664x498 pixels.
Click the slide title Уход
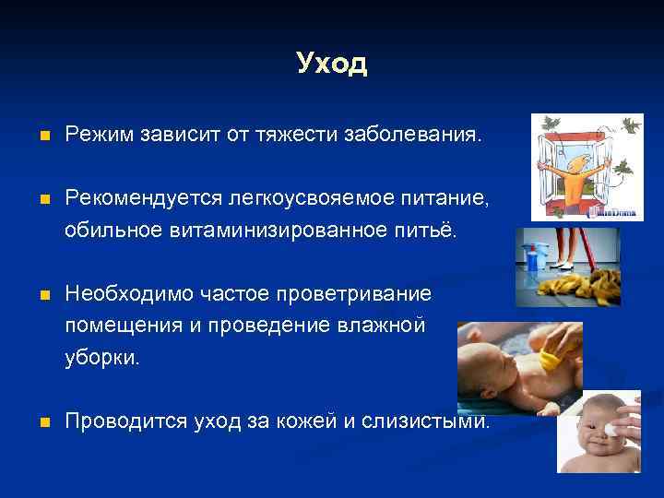(332, 64)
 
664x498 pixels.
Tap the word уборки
(102, 357)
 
